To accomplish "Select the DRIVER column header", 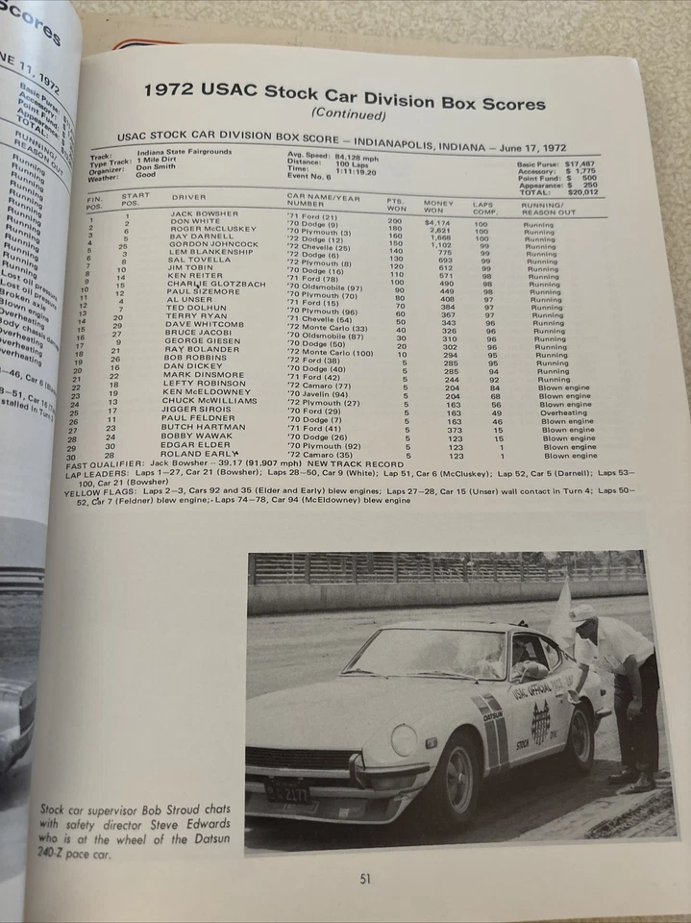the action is coord(188,197).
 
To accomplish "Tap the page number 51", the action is coord(365,877).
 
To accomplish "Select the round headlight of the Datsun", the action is coord(404,739).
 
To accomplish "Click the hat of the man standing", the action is coord(581,611).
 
